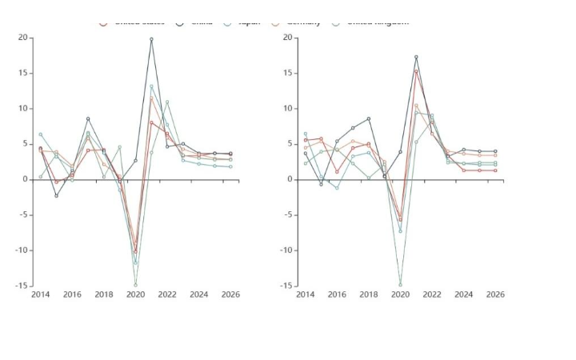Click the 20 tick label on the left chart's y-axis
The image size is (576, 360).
(22, 38)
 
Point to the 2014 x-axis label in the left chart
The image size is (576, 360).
(40, 294)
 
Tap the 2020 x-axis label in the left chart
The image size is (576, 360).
(135, 294)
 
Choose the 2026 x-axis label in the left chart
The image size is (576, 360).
(230, 294)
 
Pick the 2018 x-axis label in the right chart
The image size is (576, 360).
(368, 294)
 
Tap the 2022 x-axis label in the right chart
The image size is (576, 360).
(432, 294)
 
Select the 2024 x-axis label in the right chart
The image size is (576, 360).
(463, 294)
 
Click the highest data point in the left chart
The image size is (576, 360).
(151, 39)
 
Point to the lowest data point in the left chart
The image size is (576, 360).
(135, 285)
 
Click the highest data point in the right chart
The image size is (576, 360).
(416, 57)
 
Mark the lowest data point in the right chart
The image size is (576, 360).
(400, 285)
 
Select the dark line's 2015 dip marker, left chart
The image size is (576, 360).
(56, 195)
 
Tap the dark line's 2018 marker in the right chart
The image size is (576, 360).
(368, 118)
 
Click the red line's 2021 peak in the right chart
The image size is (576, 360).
(416, 72)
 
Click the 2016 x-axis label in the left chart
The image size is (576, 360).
(72, 294)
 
